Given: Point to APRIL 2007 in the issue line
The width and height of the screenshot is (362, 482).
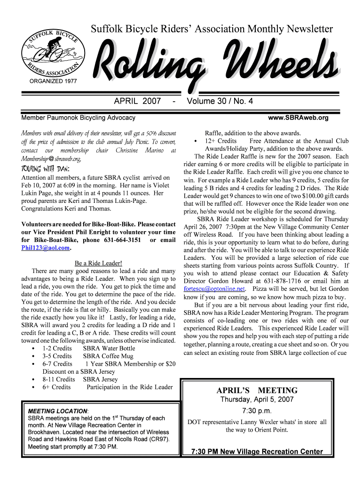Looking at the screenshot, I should click(137, 101).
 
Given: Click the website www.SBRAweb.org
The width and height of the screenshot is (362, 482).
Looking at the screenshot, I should click(298, 118).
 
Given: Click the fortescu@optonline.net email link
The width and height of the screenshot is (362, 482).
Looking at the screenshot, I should click(214, 289).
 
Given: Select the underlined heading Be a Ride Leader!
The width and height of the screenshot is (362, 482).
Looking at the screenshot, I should click(98, 263).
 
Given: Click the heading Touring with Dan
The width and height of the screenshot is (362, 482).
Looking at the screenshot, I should click(46, 169).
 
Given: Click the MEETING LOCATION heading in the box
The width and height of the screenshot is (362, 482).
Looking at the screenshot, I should click(58, 411).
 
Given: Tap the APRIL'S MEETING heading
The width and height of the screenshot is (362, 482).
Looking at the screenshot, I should click(257, 390).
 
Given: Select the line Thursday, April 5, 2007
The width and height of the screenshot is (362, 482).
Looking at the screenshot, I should click(257, 400).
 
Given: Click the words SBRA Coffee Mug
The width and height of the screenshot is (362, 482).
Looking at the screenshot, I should click(108, 356).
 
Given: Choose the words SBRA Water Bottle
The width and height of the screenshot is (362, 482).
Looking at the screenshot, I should click(109, 348).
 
